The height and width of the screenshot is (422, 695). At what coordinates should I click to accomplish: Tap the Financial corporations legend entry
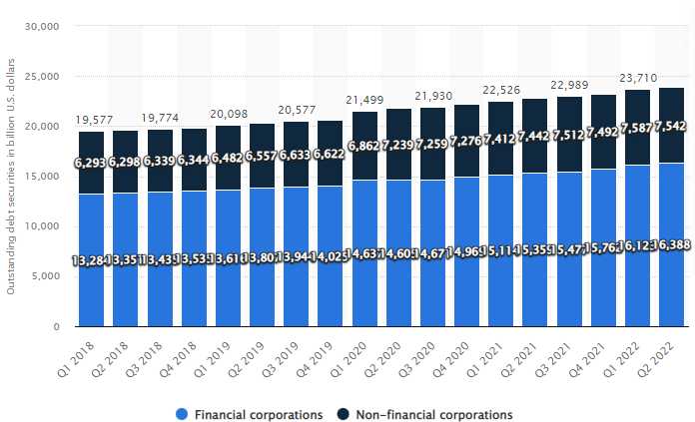pos(259,413)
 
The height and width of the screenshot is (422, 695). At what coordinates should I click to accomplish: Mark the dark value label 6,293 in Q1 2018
pos(92,161)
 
